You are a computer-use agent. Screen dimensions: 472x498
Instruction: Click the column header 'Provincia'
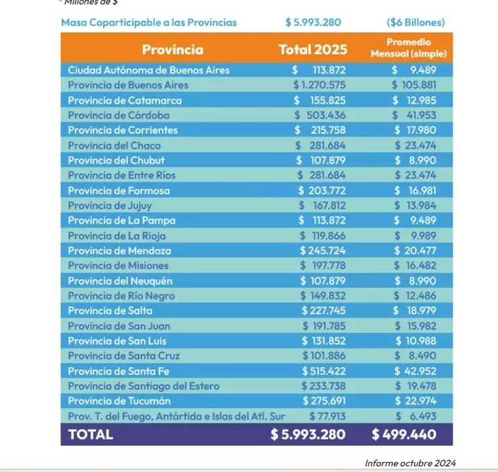[173, 50]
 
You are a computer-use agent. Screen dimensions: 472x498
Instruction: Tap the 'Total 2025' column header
[313, 50]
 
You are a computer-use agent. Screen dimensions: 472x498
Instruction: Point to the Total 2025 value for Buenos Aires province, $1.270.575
[320, 85]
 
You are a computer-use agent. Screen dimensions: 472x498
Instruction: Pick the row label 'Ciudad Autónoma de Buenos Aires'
[148, 69]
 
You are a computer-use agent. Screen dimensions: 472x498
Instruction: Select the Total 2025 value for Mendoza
[322, 250]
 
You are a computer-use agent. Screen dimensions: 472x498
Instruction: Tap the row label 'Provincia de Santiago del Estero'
[144, 386]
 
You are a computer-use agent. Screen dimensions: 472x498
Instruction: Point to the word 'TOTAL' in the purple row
[91, 434]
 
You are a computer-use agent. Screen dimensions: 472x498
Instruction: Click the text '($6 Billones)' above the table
[415, 22]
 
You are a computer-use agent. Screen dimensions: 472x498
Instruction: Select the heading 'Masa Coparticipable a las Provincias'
[149, 22]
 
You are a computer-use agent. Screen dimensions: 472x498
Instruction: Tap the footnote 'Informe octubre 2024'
[410, 463]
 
